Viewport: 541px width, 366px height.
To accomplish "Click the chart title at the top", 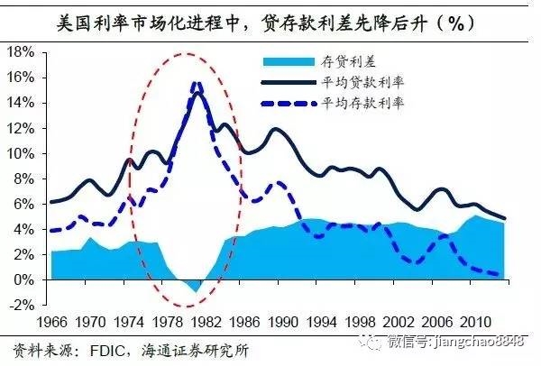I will tap(270, 21).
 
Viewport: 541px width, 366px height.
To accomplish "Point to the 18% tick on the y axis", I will tap(20, 52).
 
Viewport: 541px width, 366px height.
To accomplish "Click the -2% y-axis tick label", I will tap(20, 305).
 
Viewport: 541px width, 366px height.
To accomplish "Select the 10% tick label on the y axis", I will tap(20, 153).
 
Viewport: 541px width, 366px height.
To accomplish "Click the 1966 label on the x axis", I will tap(52, 321).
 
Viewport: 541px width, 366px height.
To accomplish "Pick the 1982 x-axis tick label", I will tap(207, 321).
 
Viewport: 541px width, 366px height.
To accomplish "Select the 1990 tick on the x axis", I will tap(285, 321).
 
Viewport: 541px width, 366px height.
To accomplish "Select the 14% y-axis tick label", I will tap(20, 103).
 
